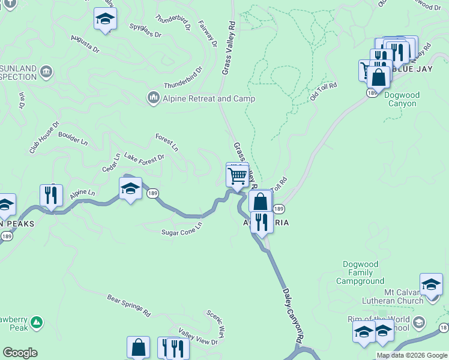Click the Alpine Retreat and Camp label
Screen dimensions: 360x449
point(208,98)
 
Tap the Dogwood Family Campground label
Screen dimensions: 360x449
point(363,272)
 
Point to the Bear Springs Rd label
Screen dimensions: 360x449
point(128,305)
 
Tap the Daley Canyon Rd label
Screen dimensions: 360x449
point(292,315)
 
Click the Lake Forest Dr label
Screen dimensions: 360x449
point(144,158)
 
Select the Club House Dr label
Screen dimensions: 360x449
point(44,137)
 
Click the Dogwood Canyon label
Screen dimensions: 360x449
point(400,99)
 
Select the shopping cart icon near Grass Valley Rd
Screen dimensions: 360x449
point(237,175)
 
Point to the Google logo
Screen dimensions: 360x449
point(20,353)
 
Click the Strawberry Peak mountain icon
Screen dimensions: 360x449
point(37,323)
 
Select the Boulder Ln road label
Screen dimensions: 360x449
point(73,139)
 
